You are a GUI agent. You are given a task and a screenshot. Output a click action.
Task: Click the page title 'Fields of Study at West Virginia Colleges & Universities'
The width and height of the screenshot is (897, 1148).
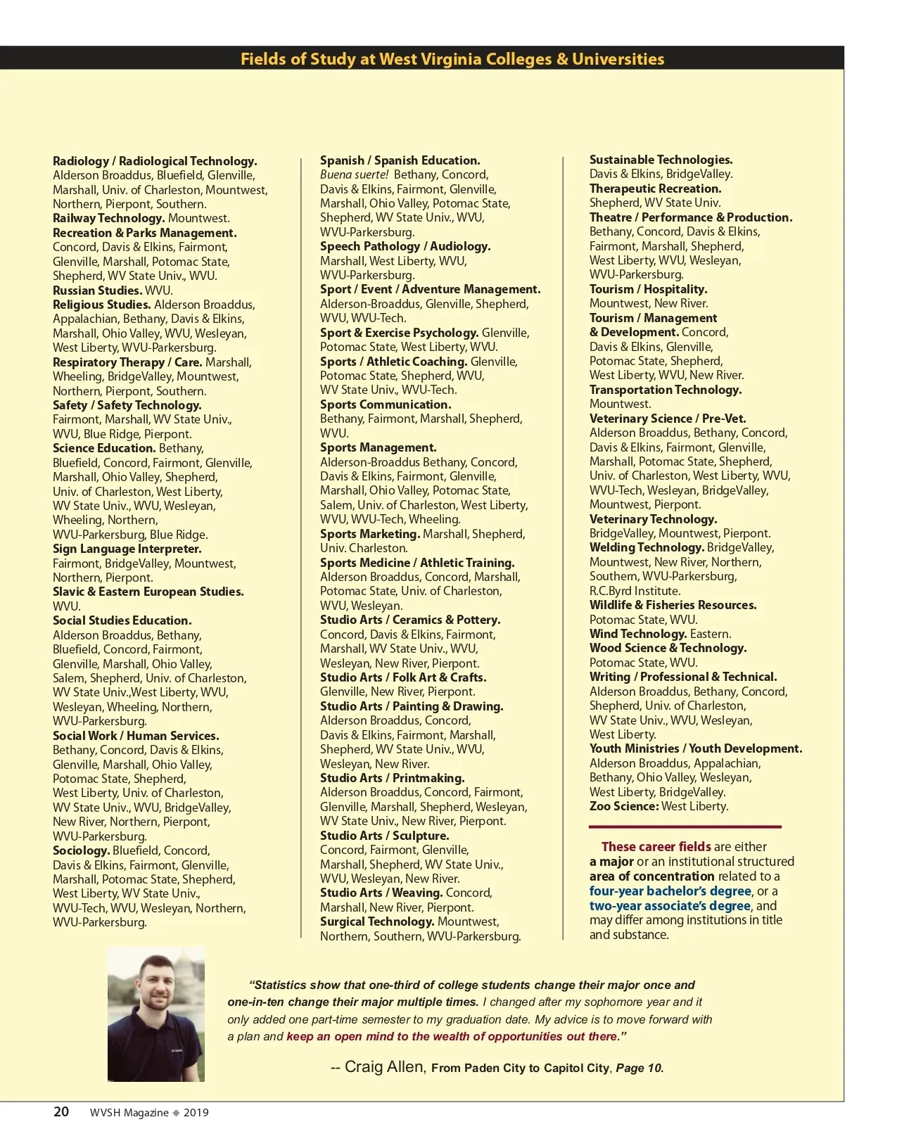point(452,59)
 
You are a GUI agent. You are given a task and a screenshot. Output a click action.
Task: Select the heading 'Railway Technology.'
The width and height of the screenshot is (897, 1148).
point(108,218)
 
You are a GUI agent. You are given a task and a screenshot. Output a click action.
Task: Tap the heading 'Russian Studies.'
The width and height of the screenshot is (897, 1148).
point(97,290)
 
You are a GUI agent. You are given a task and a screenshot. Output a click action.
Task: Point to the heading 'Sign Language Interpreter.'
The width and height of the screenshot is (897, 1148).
point(127,549)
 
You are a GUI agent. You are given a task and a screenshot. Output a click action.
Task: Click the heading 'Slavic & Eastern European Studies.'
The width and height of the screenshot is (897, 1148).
point(148,592)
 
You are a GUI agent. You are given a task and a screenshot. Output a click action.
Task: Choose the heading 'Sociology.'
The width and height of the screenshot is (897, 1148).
point(81,850)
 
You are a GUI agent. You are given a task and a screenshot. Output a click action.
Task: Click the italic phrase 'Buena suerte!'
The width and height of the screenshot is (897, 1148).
point(354,174)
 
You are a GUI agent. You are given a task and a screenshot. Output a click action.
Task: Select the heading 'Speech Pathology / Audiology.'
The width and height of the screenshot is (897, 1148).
point(405,246)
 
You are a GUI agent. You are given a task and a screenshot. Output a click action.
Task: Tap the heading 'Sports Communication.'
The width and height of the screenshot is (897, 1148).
point(386,404)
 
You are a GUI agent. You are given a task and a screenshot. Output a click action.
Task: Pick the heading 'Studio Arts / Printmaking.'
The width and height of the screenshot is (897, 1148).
point(392,778)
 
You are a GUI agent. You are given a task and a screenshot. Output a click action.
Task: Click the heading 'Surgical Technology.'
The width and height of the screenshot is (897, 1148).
point(377,921)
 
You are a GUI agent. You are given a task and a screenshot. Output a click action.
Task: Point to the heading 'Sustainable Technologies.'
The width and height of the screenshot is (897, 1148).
point(661,160)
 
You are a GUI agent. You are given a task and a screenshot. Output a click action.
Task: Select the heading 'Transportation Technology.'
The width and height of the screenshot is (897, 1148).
point(665,390)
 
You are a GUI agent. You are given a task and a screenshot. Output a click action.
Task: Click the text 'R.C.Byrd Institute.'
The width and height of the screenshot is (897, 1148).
point(635,591)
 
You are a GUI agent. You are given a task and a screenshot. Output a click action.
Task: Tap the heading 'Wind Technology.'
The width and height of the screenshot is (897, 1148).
point(638,634)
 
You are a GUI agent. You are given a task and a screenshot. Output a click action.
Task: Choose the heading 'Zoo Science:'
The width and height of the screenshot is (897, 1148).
point(623,806)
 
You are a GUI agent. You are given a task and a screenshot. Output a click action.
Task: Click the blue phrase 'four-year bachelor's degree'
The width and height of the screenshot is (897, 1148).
point(670,891)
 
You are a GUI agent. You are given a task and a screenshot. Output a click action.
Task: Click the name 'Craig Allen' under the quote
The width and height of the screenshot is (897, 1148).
point(383,1066)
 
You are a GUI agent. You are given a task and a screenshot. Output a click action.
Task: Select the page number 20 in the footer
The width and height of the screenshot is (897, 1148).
point(61,1111)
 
